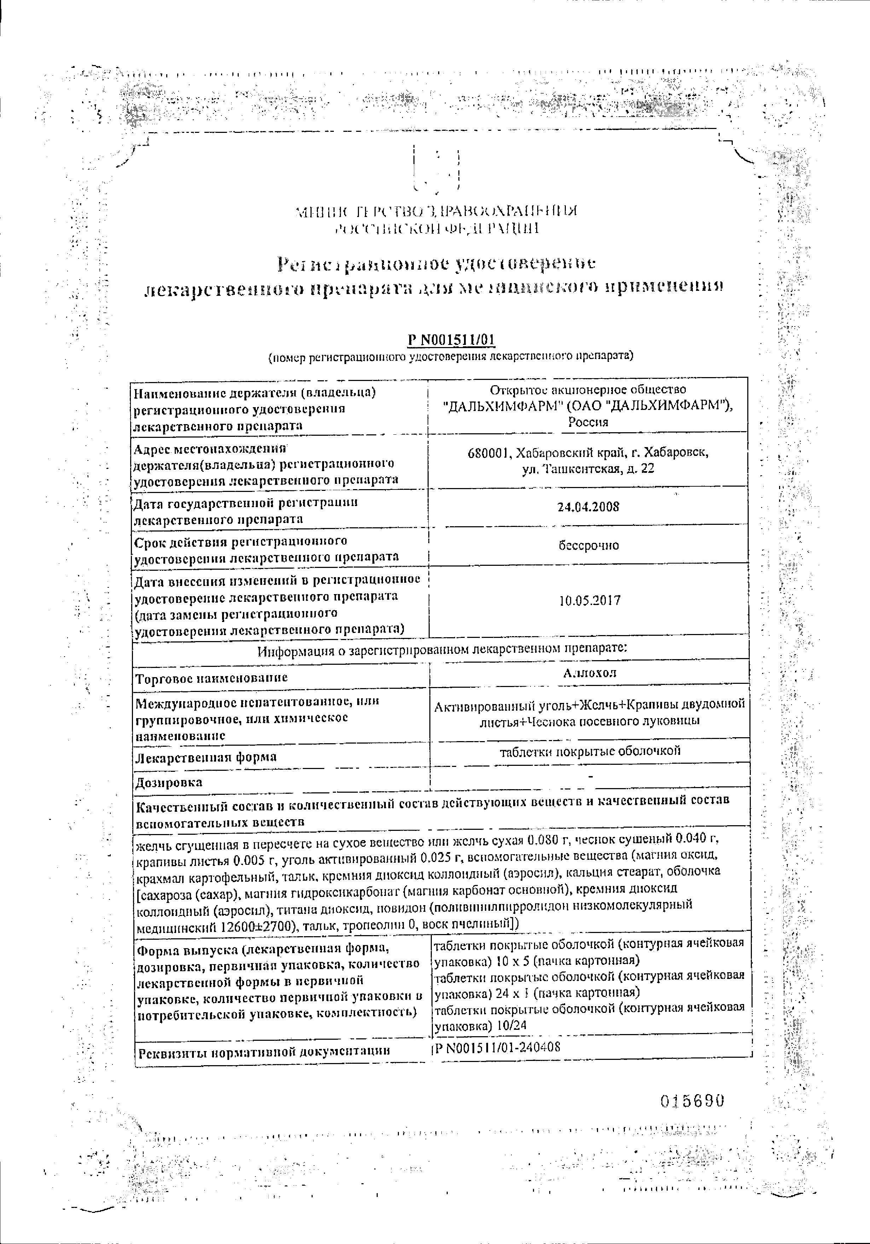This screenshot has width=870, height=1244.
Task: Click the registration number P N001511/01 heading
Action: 451,340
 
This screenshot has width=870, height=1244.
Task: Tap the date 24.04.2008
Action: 588,507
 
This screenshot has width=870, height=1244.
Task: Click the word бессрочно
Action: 589,545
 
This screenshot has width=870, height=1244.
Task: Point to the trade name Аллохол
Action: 589,673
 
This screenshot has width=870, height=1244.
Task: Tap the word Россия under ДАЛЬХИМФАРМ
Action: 588,422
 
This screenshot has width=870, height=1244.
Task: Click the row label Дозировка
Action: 169,782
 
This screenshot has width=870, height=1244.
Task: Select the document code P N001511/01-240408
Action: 497,1047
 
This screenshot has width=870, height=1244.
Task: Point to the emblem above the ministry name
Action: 437,166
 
